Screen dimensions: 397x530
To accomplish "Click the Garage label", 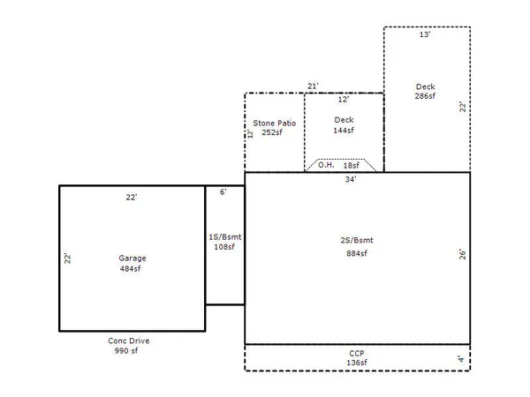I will (x=132, y=258).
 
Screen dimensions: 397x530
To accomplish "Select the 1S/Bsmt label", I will (x=224, y=237).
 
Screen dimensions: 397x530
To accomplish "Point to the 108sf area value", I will (x=224, y=247).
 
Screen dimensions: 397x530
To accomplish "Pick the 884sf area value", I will (x=357, y=253).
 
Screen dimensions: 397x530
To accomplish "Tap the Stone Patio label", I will (x=275, y=122).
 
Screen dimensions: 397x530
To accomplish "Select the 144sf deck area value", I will (x=344, y=130).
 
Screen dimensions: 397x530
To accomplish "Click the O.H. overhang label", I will (x=325, y=165).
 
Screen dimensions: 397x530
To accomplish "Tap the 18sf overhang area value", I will (x=351, y=165).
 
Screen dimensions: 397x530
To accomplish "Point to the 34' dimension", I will (x=351, y=179).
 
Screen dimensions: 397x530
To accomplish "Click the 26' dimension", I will (x=461, y=253).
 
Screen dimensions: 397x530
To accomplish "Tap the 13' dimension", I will (x=425, y=35).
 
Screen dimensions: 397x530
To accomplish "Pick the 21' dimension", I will (x=313, y=86).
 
